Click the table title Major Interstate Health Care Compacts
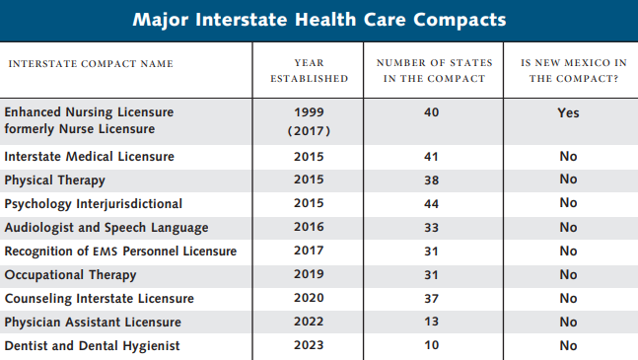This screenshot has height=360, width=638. point(319,20)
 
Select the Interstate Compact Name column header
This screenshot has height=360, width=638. point(91,64)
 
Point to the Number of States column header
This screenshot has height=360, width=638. point(431,71)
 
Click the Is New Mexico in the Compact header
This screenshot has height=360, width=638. point(568,71)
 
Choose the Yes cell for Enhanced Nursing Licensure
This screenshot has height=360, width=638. point(568,113)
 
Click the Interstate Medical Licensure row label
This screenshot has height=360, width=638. point(90,157)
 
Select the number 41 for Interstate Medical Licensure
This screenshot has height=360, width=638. point(431,157)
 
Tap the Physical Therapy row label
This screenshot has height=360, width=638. point(55,180)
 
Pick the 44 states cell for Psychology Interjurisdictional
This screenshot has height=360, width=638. point(431,204)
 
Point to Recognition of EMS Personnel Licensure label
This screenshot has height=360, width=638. point(120,252)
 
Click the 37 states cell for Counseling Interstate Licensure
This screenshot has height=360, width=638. point(431,299)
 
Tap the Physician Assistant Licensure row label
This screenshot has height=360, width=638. point(93,323)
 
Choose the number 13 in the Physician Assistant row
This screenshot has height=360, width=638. point(431,323)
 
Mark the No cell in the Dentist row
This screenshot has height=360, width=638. point(568,346)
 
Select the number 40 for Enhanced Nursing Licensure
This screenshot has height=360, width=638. point(431,113)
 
